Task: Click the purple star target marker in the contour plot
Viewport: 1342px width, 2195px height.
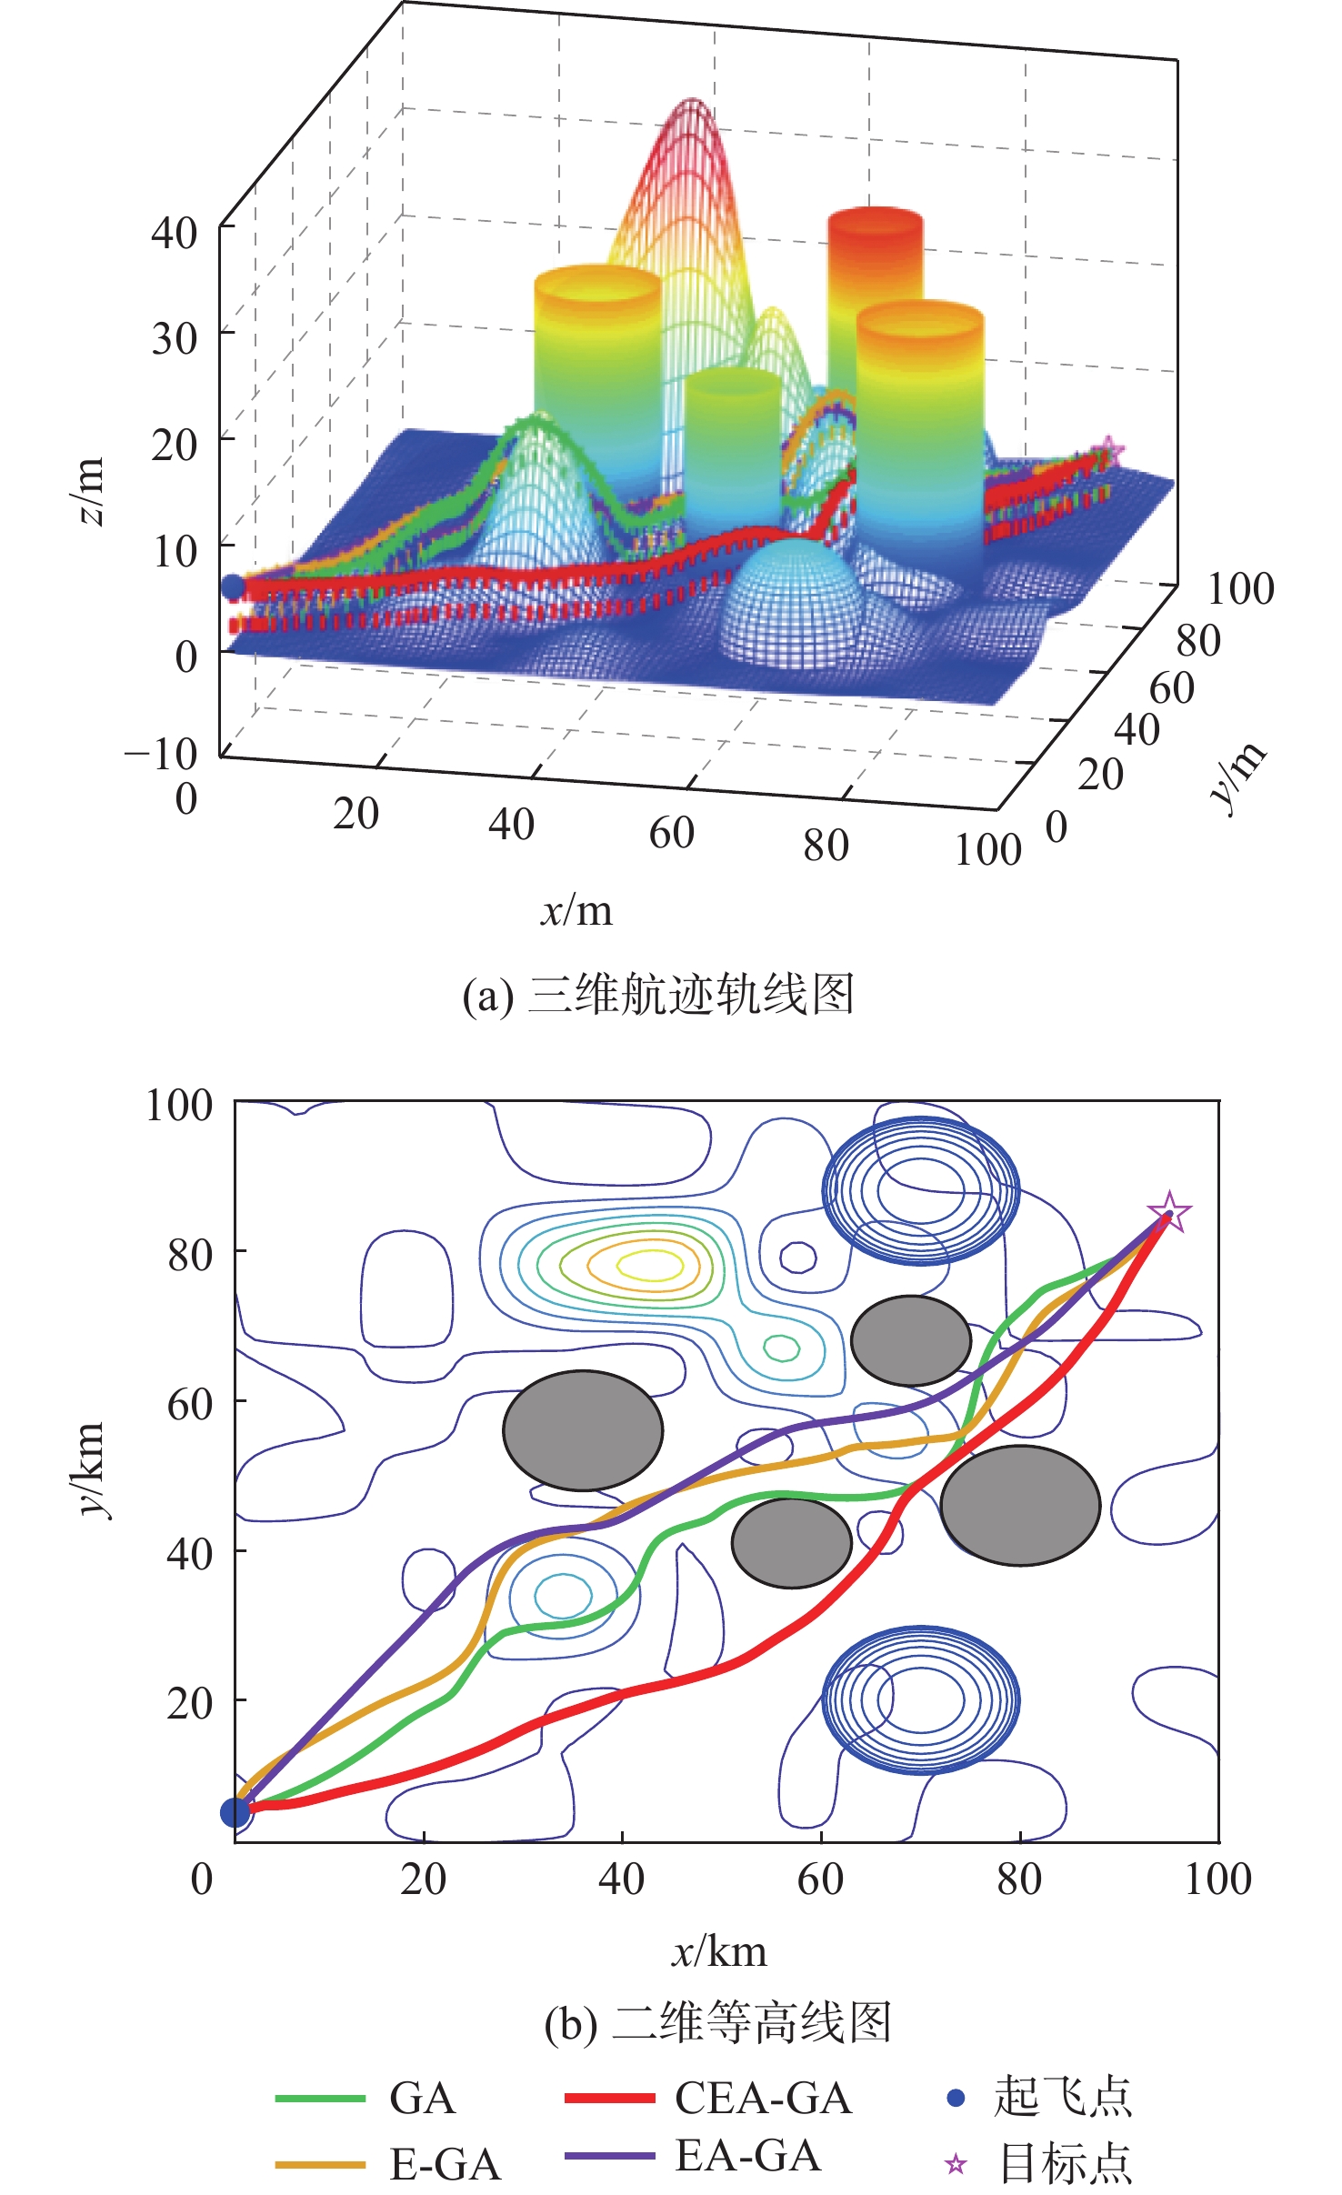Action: tap(1169, 1212)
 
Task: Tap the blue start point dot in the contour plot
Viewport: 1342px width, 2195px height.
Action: tap(235, 1812)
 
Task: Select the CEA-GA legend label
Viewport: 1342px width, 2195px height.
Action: tap(763, 2099)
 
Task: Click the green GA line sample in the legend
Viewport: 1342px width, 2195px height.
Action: tap(320, 2099)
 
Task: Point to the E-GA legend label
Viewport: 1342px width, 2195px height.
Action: tap(445, 2164)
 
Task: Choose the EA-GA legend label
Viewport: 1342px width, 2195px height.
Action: tap(747, 2156)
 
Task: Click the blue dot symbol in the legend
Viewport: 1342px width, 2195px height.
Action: tap(956, 2099)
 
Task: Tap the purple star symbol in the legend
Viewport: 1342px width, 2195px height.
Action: tap(956, 2164)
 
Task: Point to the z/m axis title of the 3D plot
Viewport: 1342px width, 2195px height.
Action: tap(89, 492)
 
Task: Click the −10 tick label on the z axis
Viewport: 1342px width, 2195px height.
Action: tap(161, 754)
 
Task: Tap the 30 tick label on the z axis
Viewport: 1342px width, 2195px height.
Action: tap(175, 338)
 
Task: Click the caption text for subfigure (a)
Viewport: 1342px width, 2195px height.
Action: tap(658, 994)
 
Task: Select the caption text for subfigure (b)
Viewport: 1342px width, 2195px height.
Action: tap(717, 2024)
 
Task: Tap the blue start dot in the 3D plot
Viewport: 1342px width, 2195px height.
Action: tap(233, 587)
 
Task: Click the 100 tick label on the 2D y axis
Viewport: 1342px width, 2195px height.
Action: tap(179, 1105)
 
